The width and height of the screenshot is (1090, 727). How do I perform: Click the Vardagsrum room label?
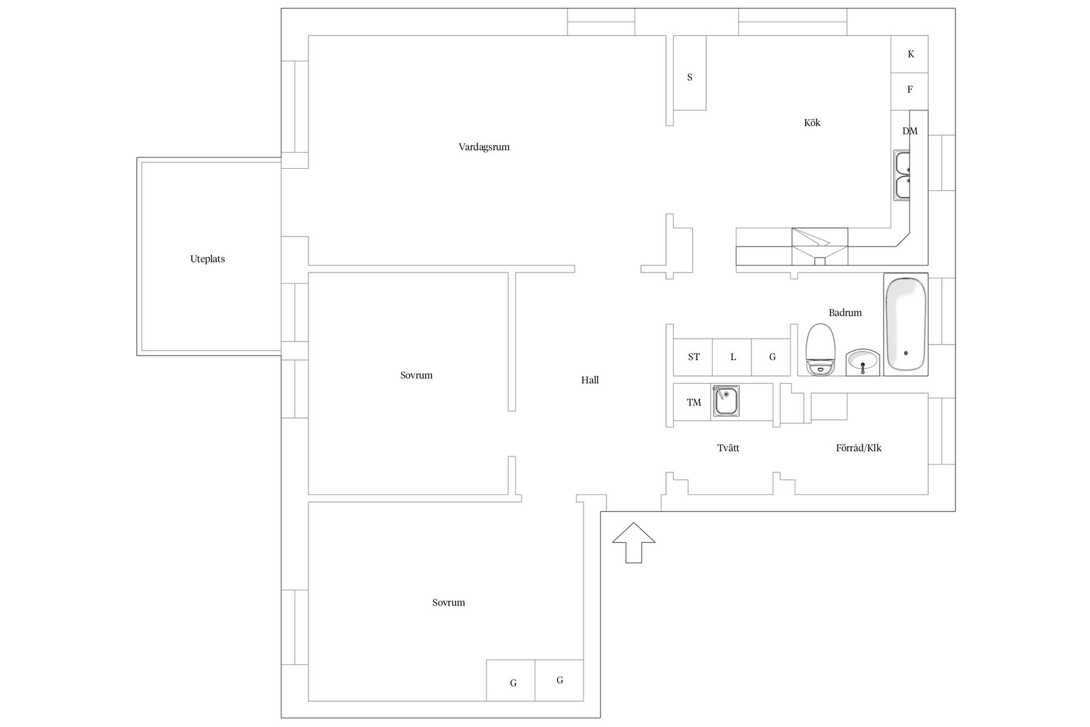click(x=484, y=147)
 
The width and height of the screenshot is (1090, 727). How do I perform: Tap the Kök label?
click(x=812, y=122)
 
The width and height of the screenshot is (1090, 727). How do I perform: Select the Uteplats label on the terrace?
click(x=207, y=259)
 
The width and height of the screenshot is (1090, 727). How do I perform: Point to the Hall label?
click(x=590, y=380)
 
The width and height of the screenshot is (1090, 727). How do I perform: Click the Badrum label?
click(x=845, y=312)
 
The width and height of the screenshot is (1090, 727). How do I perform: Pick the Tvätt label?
click(x=728, y=448)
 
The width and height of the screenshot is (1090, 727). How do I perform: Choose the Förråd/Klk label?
click(x=858, y=448)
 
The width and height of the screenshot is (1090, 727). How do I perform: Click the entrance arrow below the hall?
click(x=634, y=542)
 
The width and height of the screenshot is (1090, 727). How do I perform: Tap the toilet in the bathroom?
click(x=820, y=349)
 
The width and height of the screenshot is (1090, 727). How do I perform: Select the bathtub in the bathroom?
click(x=905, y=324)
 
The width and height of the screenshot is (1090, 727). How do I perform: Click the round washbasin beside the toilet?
click(x=862, y=362)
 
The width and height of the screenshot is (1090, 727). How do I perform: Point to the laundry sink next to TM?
click(x=726, y=401)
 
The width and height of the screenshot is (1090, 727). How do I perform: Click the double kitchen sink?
click(x=902, y=175)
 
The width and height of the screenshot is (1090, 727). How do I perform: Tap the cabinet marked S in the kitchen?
click(x=690, y=73)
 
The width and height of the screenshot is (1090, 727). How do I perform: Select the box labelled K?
click(x=909, y=54)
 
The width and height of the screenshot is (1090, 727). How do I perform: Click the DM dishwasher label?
click(x=909, y=131)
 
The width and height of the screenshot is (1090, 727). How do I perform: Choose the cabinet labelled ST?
click(x=693, y=357)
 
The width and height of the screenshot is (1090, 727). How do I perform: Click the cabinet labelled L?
click(x=732, y=357)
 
